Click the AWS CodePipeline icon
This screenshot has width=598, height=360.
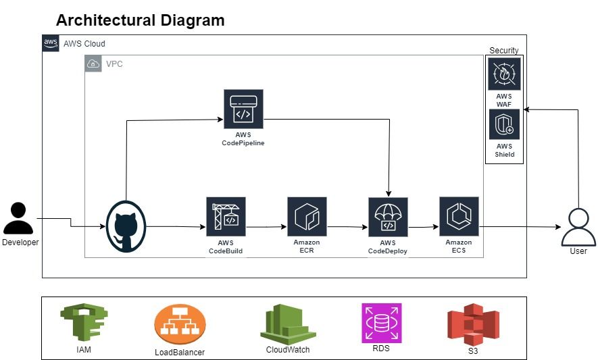click(x=243, y=109)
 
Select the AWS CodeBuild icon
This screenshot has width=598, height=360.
click(x=226, y=217)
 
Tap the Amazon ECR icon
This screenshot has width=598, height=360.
click(x=307, y=217)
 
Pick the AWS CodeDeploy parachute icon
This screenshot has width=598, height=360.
click(x=388, y=217)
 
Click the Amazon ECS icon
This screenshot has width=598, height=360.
click(x=459, y=216)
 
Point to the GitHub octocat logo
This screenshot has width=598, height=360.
click(x=126, y=226)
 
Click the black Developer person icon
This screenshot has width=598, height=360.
click(x=18, y=218)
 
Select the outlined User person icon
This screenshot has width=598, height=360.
click(x=578, y=228)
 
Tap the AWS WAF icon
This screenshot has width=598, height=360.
click(x=504, y=74)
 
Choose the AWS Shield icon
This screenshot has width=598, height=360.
click(x=504, y=124)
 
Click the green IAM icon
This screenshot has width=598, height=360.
click(x=84, y=322)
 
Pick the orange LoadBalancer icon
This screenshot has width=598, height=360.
click(x=180, y=324)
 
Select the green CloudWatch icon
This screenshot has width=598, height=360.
click(x=288, y=324)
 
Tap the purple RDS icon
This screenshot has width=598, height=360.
click(x=381, y=324)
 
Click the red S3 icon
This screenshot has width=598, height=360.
click(x=473, y=324)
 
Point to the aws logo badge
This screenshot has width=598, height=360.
click(x=51, y=43)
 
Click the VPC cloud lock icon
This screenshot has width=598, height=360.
click(x=93, y=63)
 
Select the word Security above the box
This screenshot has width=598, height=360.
click(x=504, y=51)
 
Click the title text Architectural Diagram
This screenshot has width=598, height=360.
click(x=141, y=20)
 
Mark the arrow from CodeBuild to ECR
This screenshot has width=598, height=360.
click(x=266, y=227)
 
